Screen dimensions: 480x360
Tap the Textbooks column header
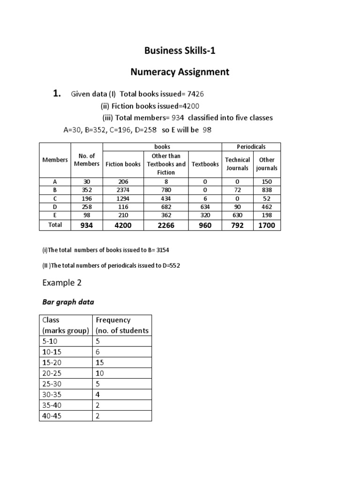tap(205, 164)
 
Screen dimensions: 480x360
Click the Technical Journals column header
tap(237, 164)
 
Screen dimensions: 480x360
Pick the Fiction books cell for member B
tap(123, 190)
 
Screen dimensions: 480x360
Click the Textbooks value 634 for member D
tap(205, 207)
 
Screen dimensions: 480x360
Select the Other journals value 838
tap(267, 190)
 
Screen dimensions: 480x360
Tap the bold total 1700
tap(267, 225)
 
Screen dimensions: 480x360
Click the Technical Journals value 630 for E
tap(237, 215)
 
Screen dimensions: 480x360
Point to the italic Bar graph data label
tap(68, 302)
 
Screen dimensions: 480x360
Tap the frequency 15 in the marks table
tap(100, 363)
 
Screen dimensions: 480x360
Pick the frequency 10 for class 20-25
tap(100, 373)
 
